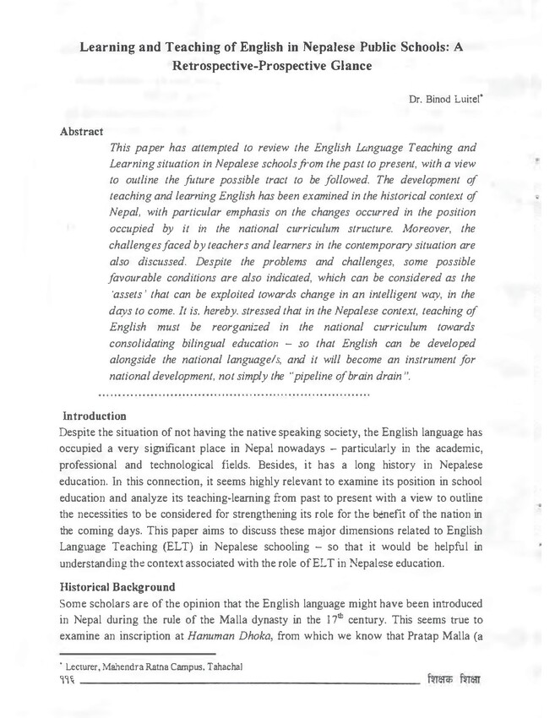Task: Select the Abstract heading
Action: click(82, 132)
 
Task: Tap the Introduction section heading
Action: click(95, 416)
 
